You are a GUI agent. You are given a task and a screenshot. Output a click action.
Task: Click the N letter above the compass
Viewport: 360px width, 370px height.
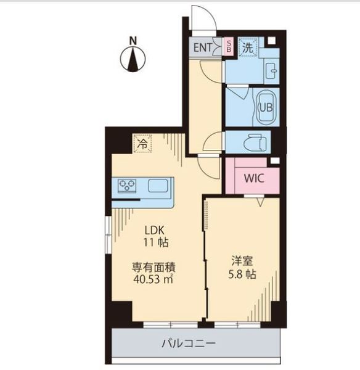[133, 41]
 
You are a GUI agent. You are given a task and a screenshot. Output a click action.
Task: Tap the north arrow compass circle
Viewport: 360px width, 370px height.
[133, 59]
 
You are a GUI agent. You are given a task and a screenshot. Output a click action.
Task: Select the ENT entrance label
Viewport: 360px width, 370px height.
[202, 48]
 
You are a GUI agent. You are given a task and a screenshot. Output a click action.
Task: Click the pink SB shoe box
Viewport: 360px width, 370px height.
[228, 46]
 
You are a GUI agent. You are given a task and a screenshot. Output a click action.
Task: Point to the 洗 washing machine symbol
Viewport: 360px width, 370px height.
[248, 47]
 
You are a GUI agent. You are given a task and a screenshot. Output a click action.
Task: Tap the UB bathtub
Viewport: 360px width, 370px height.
[266, 107]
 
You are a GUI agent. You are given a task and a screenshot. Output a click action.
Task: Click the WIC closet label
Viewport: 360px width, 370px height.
[254, 178]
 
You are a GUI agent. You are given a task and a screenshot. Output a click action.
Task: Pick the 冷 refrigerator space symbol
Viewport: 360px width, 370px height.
[142, 144]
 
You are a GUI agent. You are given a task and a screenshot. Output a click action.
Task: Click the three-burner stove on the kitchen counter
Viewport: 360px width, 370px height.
[127, 185]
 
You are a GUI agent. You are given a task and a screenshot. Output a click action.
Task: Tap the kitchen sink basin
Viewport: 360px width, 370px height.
[158, 186]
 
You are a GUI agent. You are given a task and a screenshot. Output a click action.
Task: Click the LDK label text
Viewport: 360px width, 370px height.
[154, 230]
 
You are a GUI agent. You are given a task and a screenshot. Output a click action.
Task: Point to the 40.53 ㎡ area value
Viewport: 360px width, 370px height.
[153, 279]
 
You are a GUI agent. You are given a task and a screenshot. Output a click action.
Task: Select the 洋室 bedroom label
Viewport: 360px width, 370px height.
[242, 261]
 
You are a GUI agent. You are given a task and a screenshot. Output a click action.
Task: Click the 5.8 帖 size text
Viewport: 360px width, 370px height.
[242, 274]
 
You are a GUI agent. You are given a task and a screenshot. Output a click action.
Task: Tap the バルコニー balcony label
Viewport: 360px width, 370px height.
[189, 343]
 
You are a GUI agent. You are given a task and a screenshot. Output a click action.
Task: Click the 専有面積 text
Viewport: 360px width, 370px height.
[153, 268]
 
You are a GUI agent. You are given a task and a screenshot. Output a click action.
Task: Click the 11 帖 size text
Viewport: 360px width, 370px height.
[156, 242]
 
